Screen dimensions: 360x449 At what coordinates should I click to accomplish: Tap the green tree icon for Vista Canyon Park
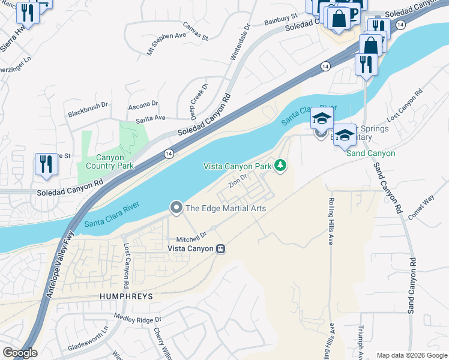280,165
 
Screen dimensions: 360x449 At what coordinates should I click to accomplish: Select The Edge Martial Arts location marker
176,208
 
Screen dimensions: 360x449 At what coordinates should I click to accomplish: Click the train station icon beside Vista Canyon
221,248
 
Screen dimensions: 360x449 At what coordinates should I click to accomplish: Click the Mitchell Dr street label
191,235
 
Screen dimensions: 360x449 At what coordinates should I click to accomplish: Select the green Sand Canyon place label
372,153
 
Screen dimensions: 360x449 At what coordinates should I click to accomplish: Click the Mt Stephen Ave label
167,44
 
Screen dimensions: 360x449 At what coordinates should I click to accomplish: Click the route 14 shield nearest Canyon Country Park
169,154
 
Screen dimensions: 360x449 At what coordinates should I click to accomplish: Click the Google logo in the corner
19,353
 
